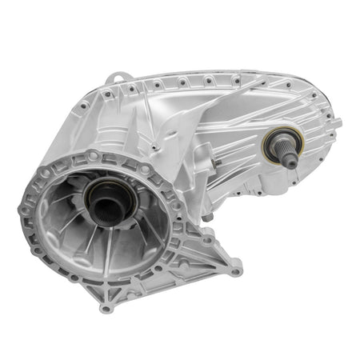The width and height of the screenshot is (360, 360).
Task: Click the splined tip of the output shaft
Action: [x=290, y=161]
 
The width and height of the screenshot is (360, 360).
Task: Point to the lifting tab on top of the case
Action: [x=119, y=79]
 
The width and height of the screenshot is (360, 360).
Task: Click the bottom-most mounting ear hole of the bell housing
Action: [x=106, y=307]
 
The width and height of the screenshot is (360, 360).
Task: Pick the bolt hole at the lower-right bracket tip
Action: [x=235, y=271]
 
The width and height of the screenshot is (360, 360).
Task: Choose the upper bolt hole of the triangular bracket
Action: [x=206, y=238]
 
